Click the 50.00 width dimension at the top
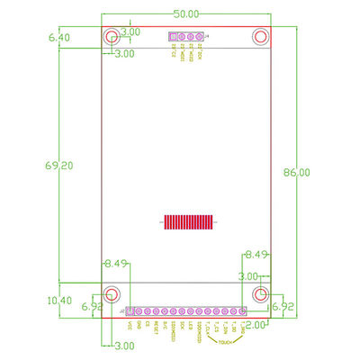pyautogui.click(x=186, y=15)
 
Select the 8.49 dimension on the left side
pyautogui.click(x=117, y=264)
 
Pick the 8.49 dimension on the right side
pyautogui.click(x=256, y=255)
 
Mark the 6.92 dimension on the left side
pyautogui.click(x=93, y=307)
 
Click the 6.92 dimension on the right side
pyautogui.click(x=283, y=306)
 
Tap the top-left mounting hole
pyautogui.click(x=112, y=38)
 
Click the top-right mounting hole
pyautogui.click(x=261, y=38)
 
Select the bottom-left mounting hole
pyautogui.click(x=112, y=294)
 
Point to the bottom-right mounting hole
pyautogui.click(x=261, y=294)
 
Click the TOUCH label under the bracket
pyautogui.click(x=225, y=341)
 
